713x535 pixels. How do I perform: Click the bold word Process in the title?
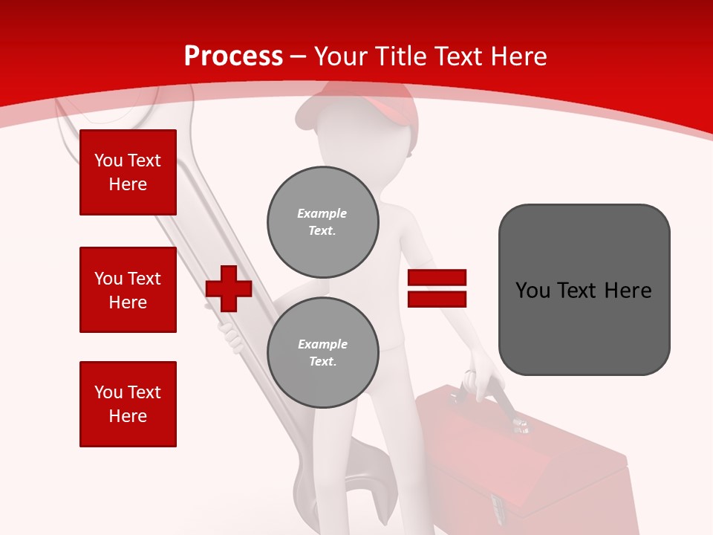[233, 56]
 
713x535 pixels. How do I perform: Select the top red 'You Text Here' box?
[128, 172]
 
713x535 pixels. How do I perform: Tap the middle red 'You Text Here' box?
[128, 290]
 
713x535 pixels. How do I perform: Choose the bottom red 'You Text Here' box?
[128, 404]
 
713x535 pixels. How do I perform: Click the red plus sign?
[229, 288]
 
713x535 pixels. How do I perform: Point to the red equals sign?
[437, 288]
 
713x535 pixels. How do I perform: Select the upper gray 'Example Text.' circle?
[323, 222]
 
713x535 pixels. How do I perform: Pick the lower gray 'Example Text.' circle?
[323, 353]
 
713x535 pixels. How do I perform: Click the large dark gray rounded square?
[584, 290]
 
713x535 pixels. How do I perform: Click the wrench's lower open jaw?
[349, 483]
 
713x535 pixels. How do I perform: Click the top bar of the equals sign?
[437, 278]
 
